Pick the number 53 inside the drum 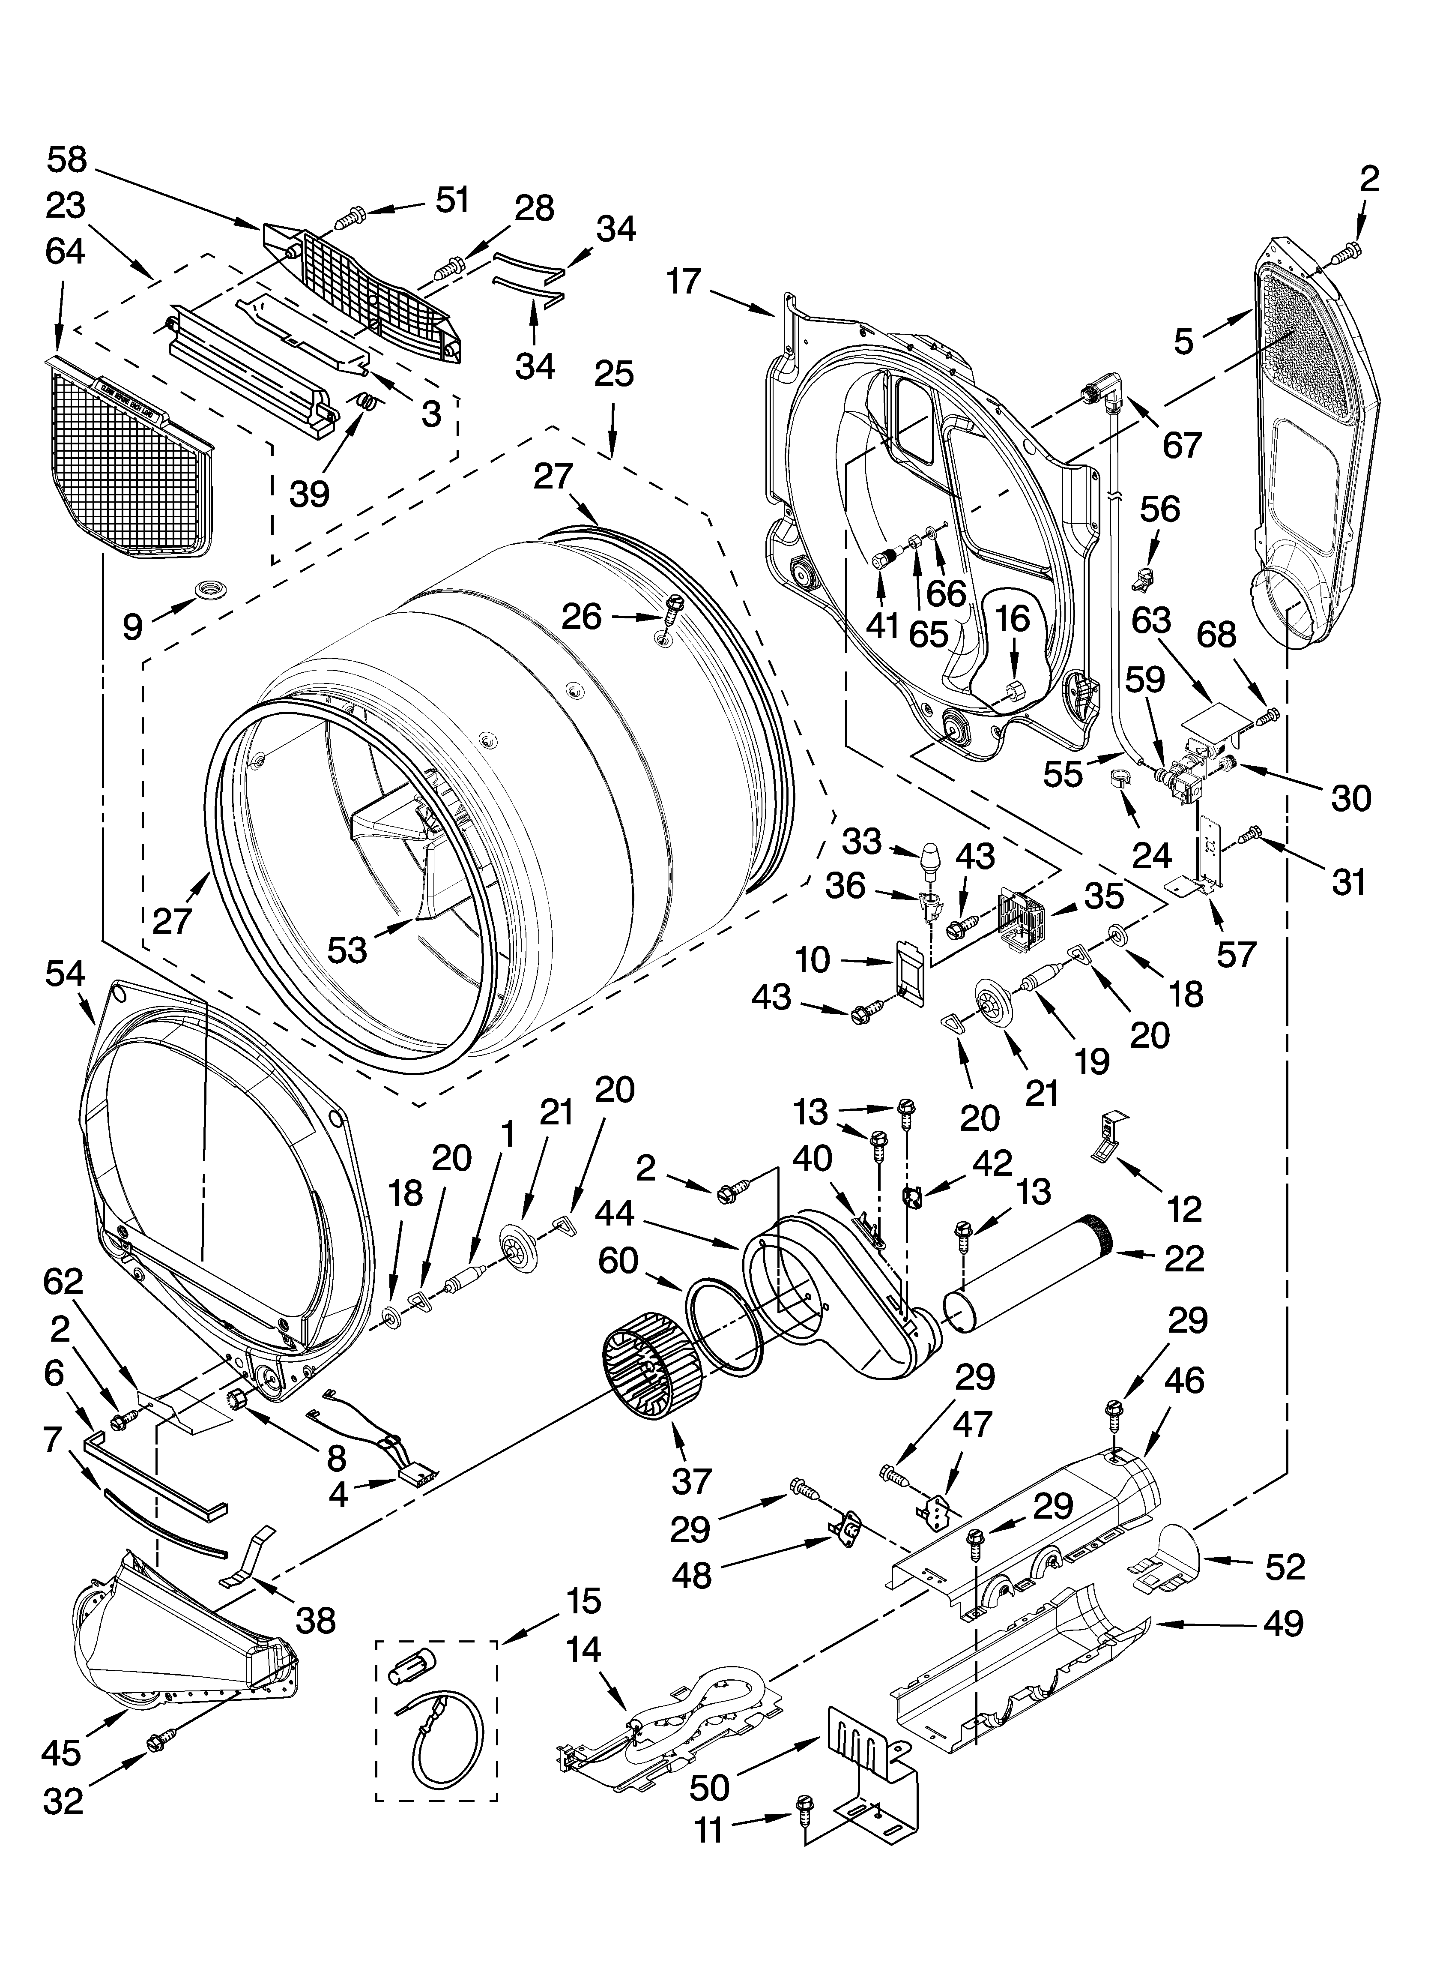[x=347, y=950]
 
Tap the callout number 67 [x=1183, y=446]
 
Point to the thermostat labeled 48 [x=845, y=1528]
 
